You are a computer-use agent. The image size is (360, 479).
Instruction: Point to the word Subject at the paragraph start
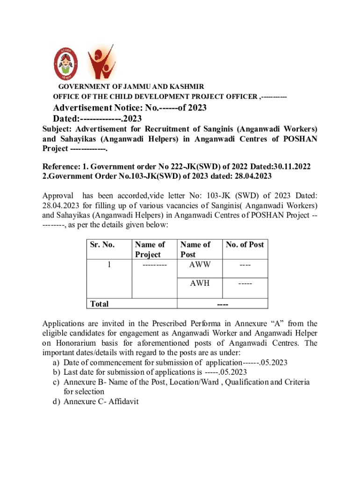tap(57, 129)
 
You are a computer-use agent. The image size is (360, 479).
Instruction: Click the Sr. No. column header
tap(101, 244)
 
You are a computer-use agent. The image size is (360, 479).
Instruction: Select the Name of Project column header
tap(150, 249)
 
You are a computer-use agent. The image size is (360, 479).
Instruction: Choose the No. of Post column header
tap(245, 244)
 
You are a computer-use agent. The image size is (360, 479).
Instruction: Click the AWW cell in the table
tap(200, 264)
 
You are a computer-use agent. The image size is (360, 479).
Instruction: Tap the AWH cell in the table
tap(200, 283)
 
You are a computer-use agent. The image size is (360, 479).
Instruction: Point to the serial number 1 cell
tap(109, 265)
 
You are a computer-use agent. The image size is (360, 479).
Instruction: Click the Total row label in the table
tap(99, 304)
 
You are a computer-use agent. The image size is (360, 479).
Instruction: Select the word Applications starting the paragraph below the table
tap(65, 323)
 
